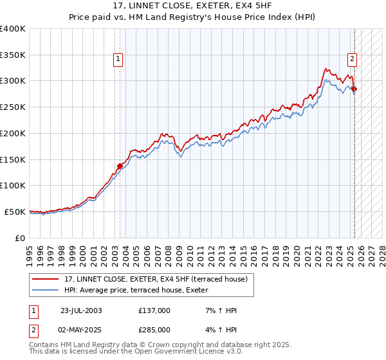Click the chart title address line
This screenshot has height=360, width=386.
192,7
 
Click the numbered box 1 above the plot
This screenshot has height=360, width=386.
119,60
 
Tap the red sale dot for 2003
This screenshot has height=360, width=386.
120,166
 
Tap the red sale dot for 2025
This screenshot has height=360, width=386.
354,89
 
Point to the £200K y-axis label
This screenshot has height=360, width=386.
13,133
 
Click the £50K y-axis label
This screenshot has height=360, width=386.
15,212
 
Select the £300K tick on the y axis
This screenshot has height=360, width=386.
13,81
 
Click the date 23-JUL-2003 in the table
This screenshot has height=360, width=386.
81,310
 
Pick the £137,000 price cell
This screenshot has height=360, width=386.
154,310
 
